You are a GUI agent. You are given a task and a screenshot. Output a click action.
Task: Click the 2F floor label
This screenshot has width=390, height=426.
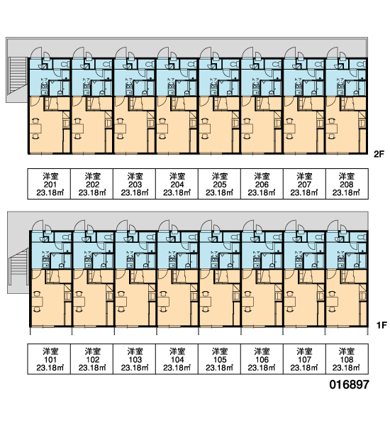(x=379, y=154)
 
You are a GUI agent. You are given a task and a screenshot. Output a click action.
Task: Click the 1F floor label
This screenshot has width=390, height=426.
(x=381, y=325)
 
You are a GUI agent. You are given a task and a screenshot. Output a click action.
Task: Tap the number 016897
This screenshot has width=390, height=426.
(x=350, y=384)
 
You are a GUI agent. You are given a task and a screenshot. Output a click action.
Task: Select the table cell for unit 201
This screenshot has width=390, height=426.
(x=49, y=184)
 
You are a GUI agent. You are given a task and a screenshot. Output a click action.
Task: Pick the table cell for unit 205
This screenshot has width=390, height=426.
(x=219, y=184)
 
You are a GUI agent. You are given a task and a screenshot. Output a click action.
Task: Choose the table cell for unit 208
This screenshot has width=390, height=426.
(x=347, y=184)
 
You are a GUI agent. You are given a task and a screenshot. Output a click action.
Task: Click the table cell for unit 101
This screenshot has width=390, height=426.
(x=49, y=359)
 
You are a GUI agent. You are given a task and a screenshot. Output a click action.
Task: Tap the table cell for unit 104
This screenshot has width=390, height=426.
(x=177, y=359)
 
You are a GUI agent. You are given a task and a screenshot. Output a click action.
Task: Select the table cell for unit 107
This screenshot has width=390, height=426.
(x=304, y=359)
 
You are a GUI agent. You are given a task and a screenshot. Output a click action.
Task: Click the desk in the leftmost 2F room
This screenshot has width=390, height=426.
(x=35, y=129)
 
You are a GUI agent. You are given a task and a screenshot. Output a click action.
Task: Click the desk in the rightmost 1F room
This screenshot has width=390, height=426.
(x=333, y=301)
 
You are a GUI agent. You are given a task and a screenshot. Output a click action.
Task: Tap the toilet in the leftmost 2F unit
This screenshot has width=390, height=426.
(x=66, y=65)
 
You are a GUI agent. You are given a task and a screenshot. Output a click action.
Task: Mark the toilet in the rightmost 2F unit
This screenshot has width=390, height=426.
(x=362, y=65)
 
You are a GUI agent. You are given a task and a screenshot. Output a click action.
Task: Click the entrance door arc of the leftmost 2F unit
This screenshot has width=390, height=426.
(x=36, y=51)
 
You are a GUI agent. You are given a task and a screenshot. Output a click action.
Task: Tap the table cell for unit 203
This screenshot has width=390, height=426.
(x=134, y=184)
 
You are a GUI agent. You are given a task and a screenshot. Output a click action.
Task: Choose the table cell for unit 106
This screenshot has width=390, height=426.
(x=262, y=359)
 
